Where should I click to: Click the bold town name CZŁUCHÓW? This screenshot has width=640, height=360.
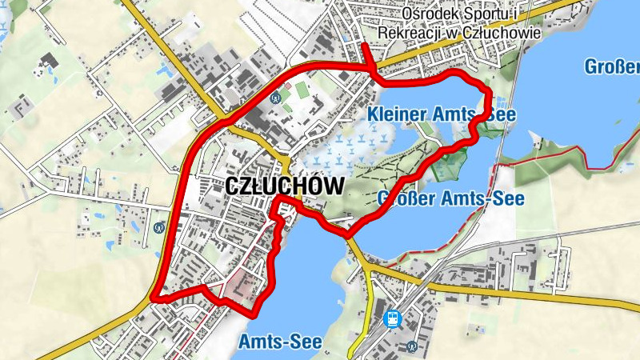[x=285, y=186]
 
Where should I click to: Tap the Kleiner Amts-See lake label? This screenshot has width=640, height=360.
[x=442, y=115]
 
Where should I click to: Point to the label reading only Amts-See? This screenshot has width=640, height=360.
[x=280, y=342]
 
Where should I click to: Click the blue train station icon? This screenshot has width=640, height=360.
[x=393, y=319]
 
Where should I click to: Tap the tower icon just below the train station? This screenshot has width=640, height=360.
[x=411, y=347]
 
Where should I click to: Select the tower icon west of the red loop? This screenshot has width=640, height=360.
[x=160, y=226]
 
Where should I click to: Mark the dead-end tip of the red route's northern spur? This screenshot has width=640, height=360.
[x=364, y=44]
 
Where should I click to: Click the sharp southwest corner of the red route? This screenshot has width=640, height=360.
[x=152, y=298]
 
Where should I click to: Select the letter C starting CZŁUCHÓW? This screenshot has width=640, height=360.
[x=234, y=186]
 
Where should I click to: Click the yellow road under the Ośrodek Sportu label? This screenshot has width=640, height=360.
[x=448, y=53]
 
